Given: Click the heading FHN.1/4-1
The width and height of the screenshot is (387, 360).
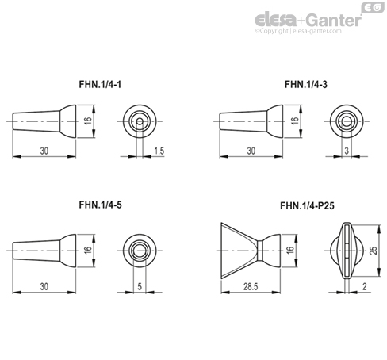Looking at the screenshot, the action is pyautogui.click(x=100, y=84).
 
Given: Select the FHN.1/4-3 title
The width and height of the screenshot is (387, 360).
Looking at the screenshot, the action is pyautogui.click(x=306, y=84).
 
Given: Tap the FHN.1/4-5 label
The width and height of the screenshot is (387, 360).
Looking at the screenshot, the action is pyautogui.click(x=101, y=205).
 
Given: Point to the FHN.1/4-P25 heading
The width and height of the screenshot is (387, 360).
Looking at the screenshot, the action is pyautogui.click(x=307, y=205).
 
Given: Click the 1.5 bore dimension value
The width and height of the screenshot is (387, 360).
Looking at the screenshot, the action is pyautogui.click(x=159, y=151).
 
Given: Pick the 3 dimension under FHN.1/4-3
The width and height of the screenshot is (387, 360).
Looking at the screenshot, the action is pyautogui.click(x=347, y=151).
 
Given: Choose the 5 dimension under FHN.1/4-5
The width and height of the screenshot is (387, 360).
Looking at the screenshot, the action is pyautogui.click(x=140, y=286).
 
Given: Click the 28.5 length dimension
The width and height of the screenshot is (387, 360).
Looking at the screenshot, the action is pyautogui.click(x=251, y=286).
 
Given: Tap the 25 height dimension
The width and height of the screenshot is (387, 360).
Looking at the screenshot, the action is pyautogui.click(x=374, y=251).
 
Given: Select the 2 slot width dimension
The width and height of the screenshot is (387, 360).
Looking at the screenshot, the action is pyautogui.click(x=365, y=286).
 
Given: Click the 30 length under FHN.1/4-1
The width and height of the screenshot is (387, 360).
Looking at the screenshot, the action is pyautogui.click(x=44, y=151).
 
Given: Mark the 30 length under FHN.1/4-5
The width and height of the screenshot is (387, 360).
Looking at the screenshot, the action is pyautogui.click(x=44, y=286).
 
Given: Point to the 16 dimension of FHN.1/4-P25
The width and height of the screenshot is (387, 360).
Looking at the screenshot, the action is pyautogui.click(x=290, y=251).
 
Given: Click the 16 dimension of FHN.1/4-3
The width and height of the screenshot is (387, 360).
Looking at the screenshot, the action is pyautogui.click(x=294, y=121).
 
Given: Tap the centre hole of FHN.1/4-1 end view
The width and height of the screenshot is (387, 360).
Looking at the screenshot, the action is pyautogui.click(x=140, y=121).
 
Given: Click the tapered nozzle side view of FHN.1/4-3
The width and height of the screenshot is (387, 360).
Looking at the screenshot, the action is pyautogui.click(x=251, y=121).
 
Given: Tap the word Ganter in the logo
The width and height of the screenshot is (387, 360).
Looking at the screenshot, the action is pyautogui.click(x=335, y=21).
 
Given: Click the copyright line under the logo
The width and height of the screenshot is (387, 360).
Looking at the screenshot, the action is pyautogui.click(x=298, y=31).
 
